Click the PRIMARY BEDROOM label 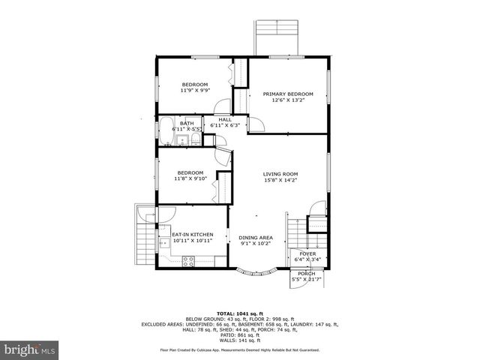point(287,94)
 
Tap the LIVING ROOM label point(280,174)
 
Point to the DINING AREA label point(256,237)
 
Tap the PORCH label point(306,274)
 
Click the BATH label point(187,123)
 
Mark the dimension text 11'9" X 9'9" point(194,90)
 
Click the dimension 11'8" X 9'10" point(190,179)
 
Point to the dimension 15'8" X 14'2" point(280,180)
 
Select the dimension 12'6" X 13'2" point(287,100)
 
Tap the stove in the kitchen point(189,260)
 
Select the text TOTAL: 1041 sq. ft point(239,313)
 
